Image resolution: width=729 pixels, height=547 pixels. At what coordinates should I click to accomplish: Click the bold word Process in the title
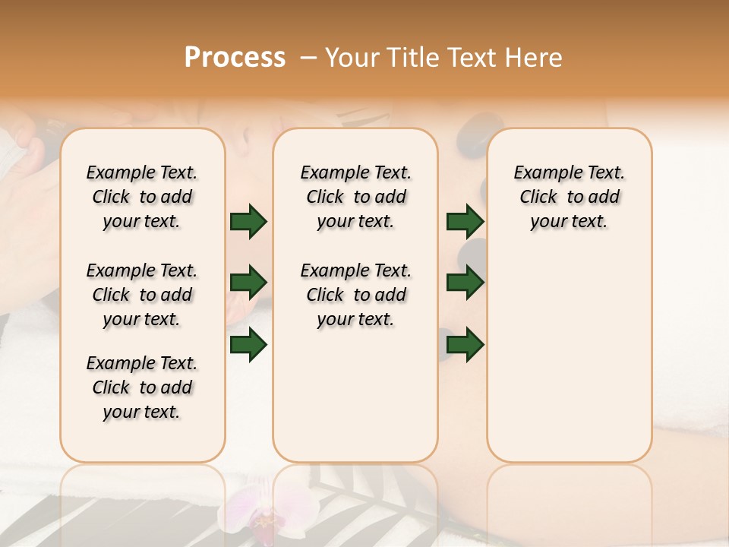coord(235,58)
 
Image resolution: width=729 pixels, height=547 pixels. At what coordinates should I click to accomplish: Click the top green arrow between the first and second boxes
coord(248,221)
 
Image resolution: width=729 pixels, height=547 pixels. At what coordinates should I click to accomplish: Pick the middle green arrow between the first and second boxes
coord(248,283)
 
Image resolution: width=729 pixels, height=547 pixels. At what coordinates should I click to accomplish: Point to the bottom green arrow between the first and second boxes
coord(248,345)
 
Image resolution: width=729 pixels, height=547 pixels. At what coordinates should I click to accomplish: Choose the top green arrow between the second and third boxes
coord(465,221)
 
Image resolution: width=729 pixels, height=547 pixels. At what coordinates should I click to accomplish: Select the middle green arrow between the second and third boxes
coord(465,283)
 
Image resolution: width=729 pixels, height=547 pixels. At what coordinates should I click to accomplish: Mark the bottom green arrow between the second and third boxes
coord(465,345)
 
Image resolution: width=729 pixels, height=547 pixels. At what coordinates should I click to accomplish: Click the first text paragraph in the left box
coord(142,197)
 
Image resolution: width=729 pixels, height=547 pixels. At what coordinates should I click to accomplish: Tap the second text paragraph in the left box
coord(142,295)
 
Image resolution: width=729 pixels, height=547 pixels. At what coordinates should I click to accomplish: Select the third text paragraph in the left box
coord(142,387)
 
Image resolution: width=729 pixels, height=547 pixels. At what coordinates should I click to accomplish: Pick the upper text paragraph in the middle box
coord(355,197)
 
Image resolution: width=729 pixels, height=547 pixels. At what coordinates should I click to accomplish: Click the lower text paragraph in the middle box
coord(355,295)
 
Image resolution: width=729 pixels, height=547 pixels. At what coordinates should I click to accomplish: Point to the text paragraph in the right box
coord(570,197)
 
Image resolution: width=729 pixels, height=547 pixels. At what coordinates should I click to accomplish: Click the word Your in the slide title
coord(352,58)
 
